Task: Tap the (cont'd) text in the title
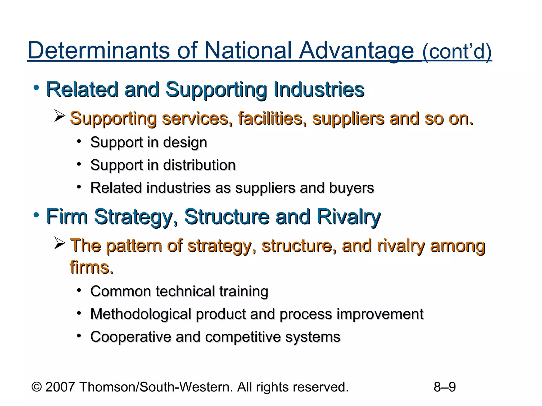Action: [457, 52]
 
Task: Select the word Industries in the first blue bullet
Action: [319, 89]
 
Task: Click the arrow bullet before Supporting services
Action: [60, 116]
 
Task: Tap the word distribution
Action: [199, 165]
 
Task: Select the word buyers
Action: [351, 188]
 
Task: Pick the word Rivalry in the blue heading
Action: [349, 217]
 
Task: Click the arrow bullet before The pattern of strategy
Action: [60, 243]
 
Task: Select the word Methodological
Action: [141, 314]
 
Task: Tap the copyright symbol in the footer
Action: [37, 387]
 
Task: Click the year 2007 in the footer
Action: [60, 387]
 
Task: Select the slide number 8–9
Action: [445, 387]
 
